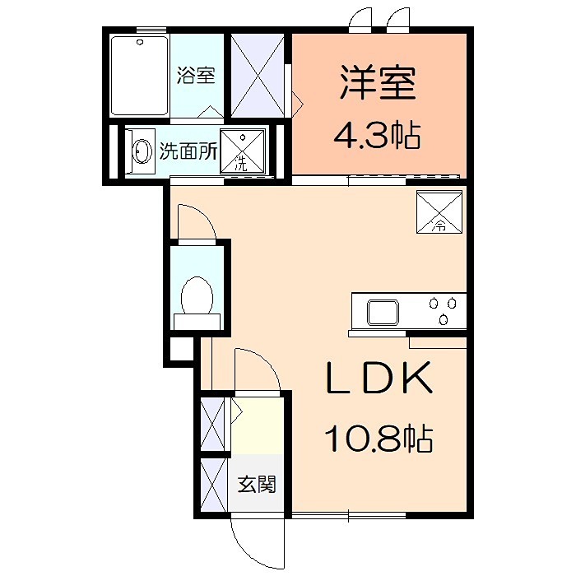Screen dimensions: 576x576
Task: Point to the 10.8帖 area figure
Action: pyautogui.click(x=379, y=439)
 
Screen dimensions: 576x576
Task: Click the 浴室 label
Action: pyautogui.click(x=196, y=76)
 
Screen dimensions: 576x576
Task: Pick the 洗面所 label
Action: pyautogui.click(x=188, y=151)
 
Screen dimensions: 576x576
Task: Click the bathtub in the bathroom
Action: pyautogui.click(x=139, y=76)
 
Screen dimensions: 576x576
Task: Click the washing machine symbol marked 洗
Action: pyautogui.click(x=243, y=151)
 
